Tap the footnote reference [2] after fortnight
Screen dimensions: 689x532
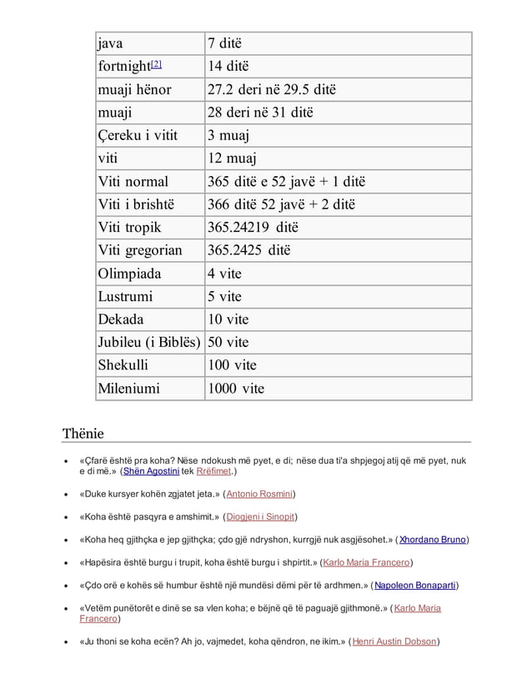(x=157, y=64)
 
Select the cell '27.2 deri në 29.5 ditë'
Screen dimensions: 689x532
(x=271, y=89)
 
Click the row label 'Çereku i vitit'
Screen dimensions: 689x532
(x=138, y=135)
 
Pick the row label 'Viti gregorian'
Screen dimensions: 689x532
(x=140, y=250)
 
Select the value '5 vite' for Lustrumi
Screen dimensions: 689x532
(x=224, y=296)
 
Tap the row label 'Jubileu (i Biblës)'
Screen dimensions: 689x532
(x=149, y=342)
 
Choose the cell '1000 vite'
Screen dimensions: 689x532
(x=235, y=388)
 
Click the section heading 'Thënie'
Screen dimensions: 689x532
(x=83, y=433)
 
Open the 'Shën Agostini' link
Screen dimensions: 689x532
(x=151, y=470)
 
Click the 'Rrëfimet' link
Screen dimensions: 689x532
(x=213, y=470)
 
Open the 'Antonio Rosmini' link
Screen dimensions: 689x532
(x=259, y=494)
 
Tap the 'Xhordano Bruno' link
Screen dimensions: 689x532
(x=432, y=540)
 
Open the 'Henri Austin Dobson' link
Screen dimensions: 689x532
(x=395, y=641)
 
